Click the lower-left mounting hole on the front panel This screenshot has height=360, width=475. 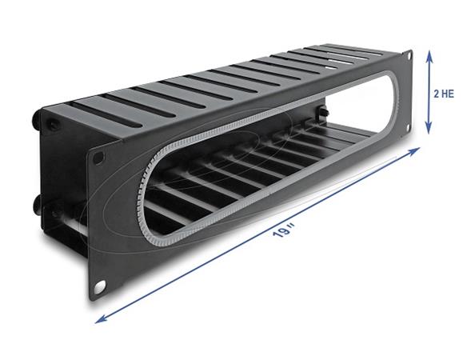click(101, 286)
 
